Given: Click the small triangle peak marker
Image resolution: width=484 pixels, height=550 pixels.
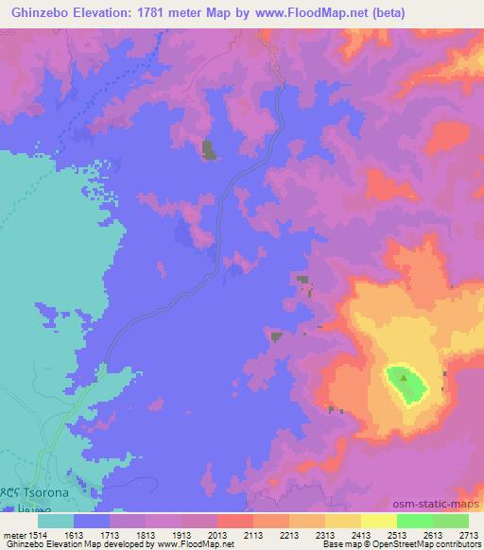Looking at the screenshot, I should click(405, 379).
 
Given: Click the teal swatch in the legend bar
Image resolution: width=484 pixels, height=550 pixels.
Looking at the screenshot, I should click(56, 521).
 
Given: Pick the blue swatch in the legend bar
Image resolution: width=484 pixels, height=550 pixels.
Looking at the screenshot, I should click(92, 521).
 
